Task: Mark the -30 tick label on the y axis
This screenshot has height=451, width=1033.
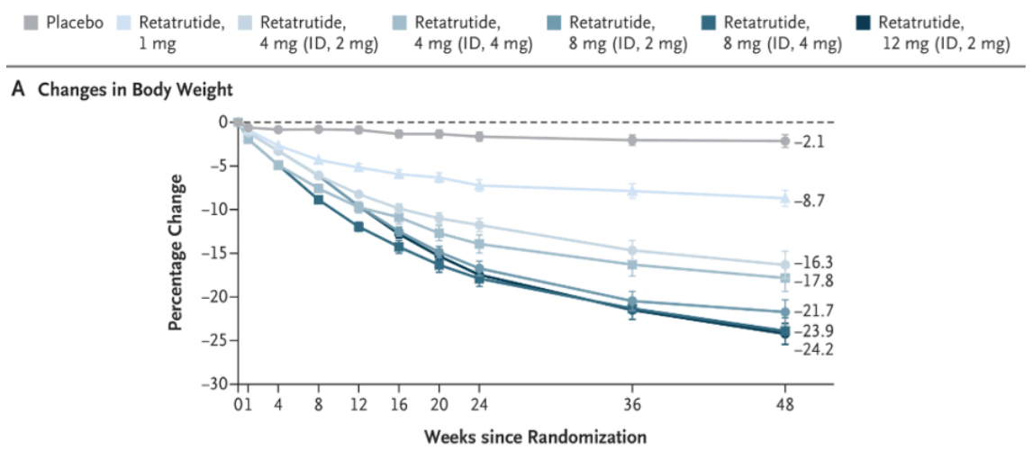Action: [214, 383]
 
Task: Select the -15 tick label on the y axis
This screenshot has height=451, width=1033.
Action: [214, 253]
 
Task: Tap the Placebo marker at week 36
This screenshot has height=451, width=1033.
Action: [632, 140]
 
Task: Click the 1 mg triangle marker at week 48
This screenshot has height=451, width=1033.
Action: [784, 198]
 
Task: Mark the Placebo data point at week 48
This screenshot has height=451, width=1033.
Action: [784, 140]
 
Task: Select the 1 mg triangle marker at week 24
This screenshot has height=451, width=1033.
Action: [479, 185]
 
